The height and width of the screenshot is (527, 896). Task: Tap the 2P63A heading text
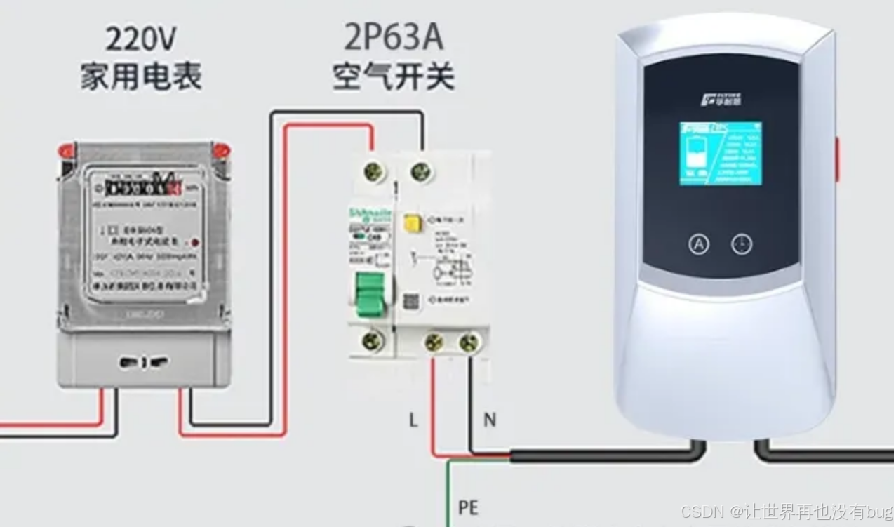[393, 38]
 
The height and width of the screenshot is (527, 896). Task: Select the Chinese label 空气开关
[393, 76]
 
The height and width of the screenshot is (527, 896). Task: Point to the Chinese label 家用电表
[141, 76]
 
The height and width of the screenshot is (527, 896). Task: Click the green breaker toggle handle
[370, 293]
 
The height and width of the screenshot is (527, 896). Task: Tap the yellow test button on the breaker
[410, 224]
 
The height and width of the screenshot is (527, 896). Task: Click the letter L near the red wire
[413, 420]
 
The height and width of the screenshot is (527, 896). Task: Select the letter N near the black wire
[490, 420]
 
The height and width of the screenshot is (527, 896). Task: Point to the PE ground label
[468, 507]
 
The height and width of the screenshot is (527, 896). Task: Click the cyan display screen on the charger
[720, 154]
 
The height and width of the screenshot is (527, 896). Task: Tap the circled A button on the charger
[698, 244]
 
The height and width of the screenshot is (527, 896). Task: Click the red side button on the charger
[836, 159]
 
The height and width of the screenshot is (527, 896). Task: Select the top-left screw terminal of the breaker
[373, 171]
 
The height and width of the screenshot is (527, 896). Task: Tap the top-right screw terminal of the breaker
[420, 170]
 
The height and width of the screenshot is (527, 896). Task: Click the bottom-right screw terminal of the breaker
[469, 343]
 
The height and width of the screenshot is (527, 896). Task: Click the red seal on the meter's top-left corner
[67, 150]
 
